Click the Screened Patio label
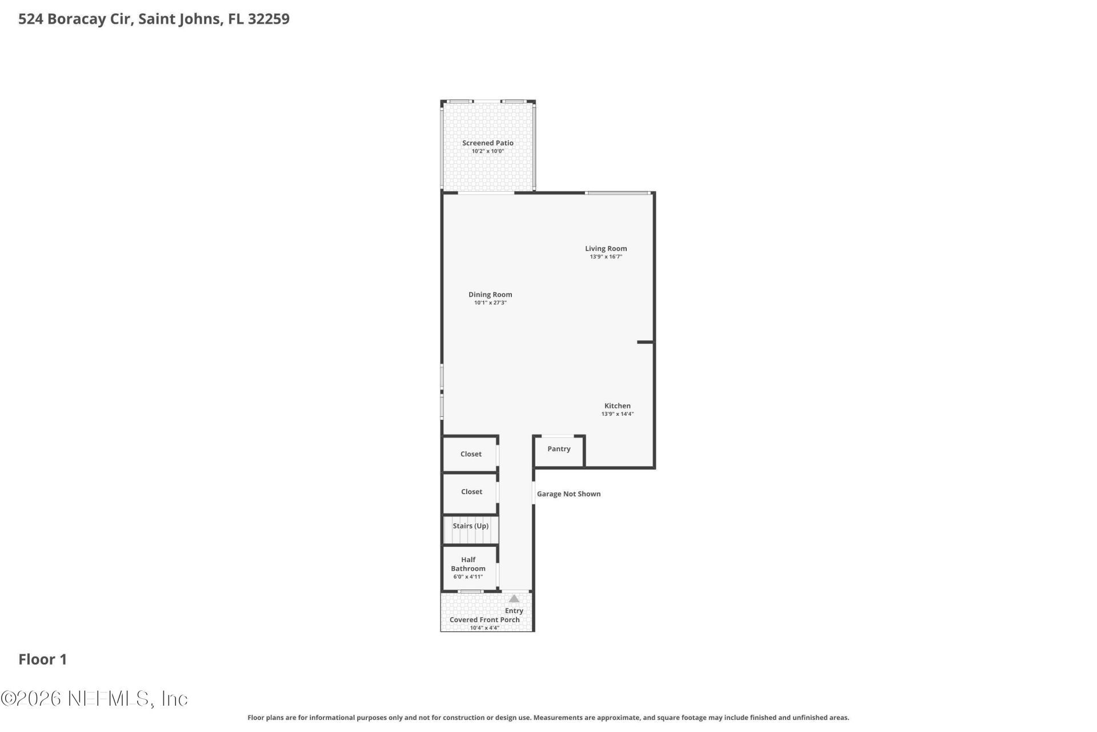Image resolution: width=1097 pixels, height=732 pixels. tap(487, 143)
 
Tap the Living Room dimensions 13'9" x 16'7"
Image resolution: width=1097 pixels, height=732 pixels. tap(606, 257)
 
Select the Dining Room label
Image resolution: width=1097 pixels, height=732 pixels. tap(490, 295)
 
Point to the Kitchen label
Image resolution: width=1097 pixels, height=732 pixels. tap(617, 405)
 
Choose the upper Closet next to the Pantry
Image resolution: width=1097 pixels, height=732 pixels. tap(471, 454)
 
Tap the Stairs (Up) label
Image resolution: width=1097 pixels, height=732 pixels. tap(470, 526)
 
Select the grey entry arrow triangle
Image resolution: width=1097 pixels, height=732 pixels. tap(514, 599)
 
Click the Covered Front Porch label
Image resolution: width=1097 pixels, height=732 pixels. tap(485, 620)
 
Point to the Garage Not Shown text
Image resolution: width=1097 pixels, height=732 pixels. tap(568, 494)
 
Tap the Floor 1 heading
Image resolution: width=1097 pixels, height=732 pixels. tap(43, 659)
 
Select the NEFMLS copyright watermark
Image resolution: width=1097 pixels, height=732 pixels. tap(94, 698)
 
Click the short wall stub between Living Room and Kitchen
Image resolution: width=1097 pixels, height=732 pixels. tap(645, 342)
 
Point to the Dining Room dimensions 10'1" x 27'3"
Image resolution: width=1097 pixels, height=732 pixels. tap(490, 303)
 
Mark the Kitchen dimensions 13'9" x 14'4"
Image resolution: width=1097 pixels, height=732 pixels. tap(617, 414)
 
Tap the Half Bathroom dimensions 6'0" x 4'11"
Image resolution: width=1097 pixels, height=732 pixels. tap(468, 577)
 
